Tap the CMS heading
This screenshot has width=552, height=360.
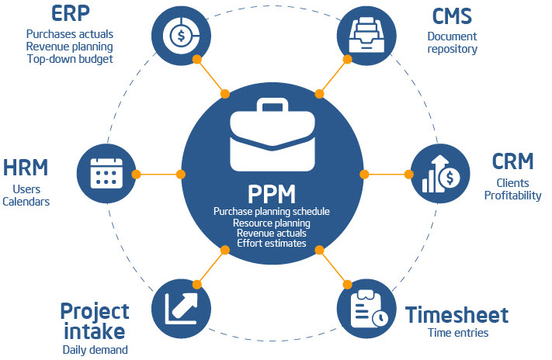click(452, 15)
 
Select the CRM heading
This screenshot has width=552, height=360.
click(512, 161)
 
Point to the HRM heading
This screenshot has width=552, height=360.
click(26, 167)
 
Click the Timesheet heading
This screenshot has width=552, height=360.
click(457, 315)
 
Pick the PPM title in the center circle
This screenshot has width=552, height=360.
click(271, 192)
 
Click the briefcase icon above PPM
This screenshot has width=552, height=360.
click(271, 140)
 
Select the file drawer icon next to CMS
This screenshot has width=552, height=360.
click(366, 32)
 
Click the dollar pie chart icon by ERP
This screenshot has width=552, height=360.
click(180, 34)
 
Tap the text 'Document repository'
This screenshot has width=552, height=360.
click(452, 43)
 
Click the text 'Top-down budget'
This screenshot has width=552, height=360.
click(69, 58)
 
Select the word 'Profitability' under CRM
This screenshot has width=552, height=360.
click(512, 196)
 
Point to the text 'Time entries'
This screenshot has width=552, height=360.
click(457, 334)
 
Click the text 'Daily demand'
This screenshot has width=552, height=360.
click(94, 349)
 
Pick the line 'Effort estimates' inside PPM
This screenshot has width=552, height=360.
click(271, 244)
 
